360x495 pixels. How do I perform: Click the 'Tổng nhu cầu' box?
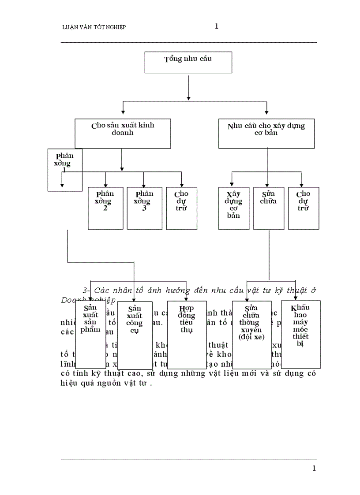[188, 62]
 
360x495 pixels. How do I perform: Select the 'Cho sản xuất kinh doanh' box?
[123, 133]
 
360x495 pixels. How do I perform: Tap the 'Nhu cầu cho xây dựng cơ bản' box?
[266, 133]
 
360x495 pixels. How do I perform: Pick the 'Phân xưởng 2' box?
[105, 208]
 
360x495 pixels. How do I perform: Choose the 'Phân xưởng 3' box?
[144, 208]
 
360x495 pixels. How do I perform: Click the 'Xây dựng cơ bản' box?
[234, 208]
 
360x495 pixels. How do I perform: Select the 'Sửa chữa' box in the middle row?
[269, 208]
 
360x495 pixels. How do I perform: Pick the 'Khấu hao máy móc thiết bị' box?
[300, 334]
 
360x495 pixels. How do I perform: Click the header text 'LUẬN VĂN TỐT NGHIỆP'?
[94, 27]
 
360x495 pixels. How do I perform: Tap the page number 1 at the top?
[216, 26]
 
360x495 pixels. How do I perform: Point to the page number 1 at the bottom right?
[314, 469]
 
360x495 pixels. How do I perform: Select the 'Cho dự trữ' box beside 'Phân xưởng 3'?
[181, 208]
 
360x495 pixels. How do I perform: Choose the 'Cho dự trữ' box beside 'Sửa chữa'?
[304, 208]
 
